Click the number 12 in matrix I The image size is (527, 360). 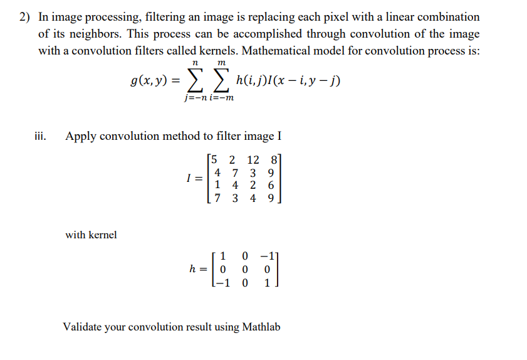(253, 160)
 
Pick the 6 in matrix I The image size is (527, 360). (270, 186)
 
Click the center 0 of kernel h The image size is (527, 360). (245, 269)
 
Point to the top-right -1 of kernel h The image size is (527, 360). (268, 257)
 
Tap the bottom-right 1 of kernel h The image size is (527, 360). (268, 282)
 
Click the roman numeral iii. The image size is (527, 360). (40, 135)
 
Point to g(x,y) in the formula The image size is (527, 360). (149, 81)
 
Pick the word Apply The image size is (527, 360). (81, 135)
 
